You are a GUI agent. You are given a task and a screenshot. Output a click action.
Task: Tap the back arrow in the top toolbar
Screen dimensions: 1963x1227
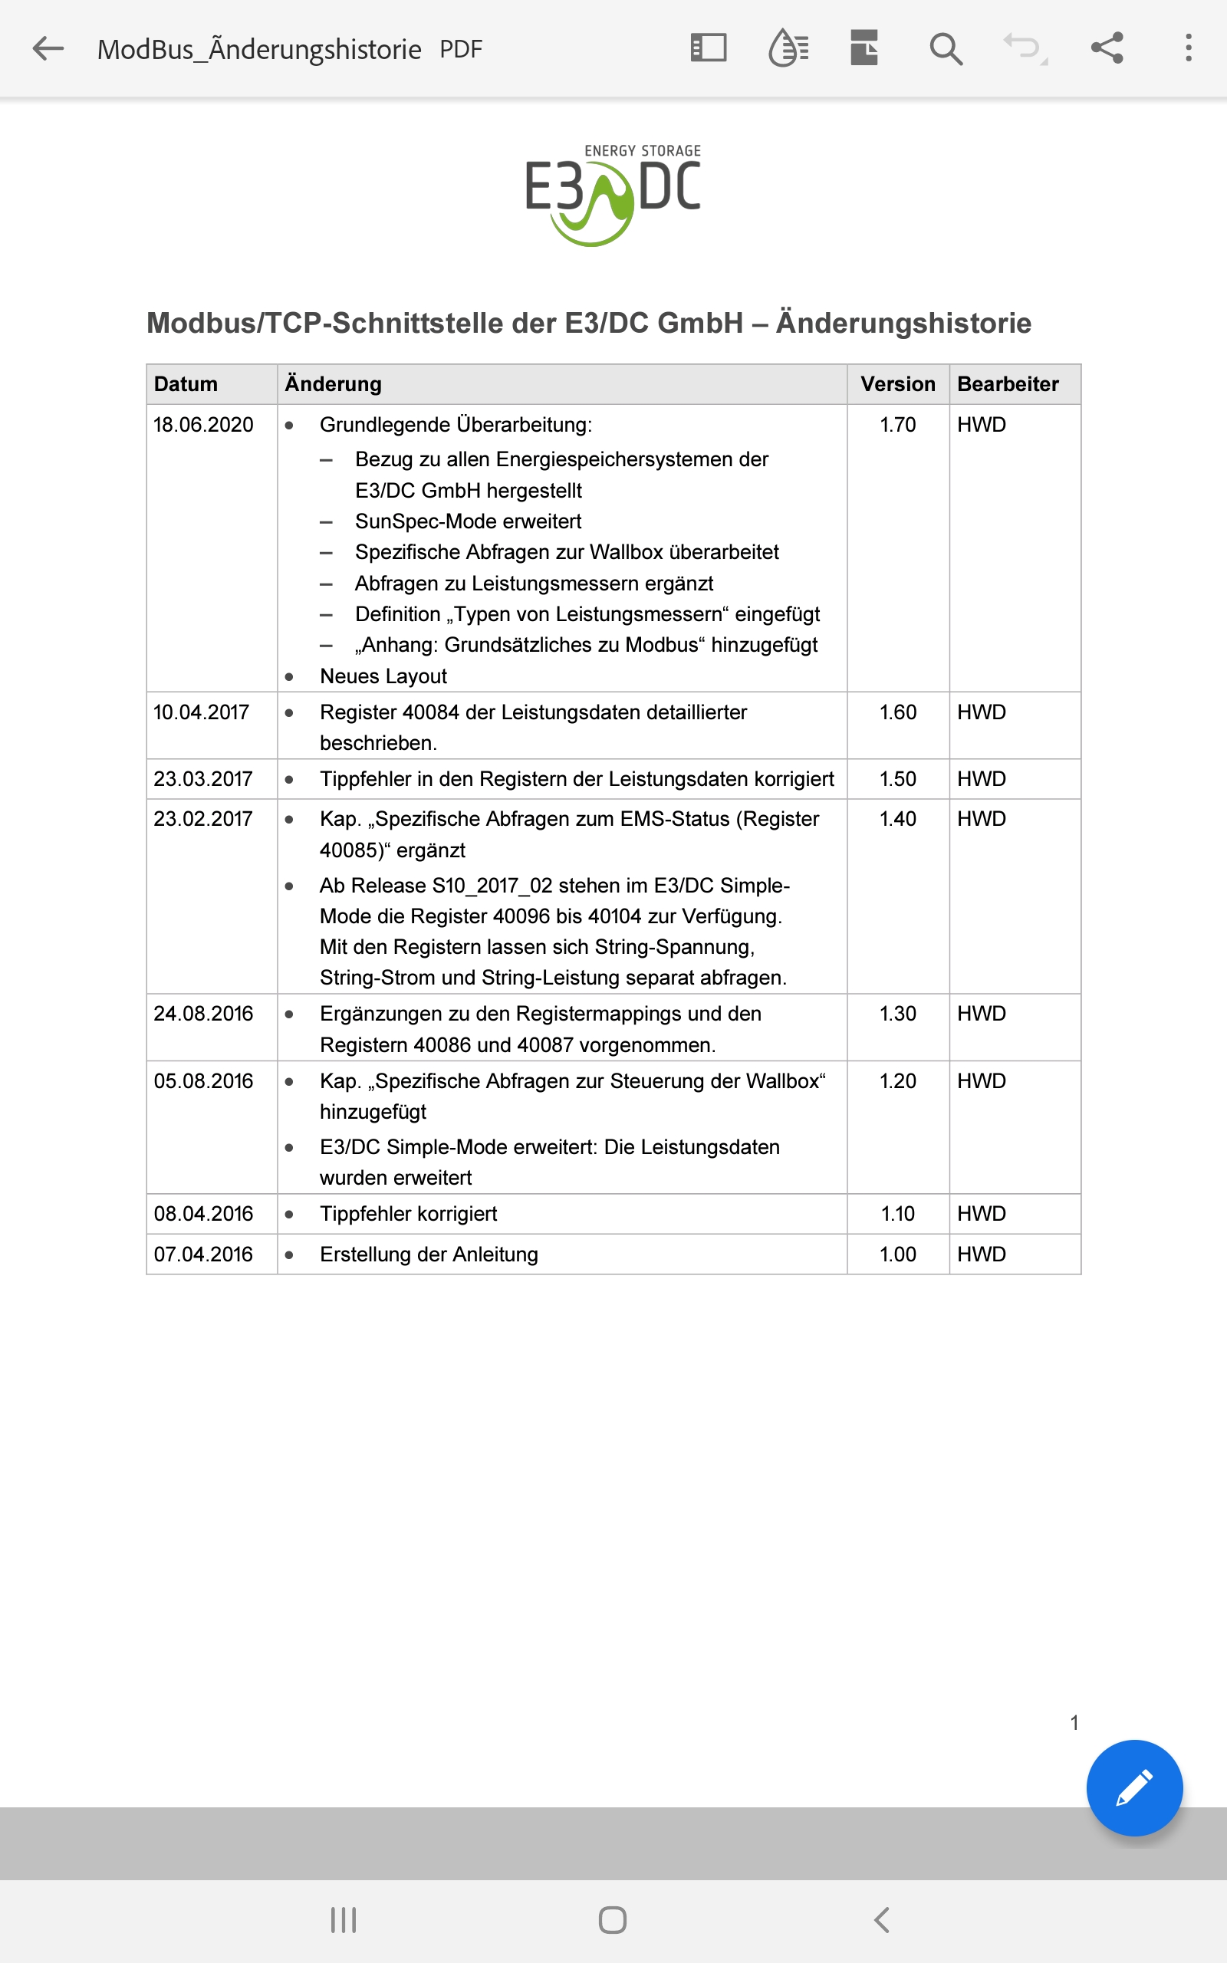(x=48, y=48)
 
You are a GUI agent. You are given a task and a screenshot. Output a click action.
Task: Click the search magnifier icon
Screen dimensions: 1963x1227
(x=946, y=48)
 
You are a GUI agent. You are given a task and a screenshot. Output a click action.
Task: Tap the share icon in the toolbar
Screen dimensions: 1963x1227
(x=1107, y=48)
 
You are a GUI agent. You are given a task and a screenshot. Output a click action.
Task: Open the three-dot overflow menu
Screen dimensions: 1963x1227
(x=1188, y=48)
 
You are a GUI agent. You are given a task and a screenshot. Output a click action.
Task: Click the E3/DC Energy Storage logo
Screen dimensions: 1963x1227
(x=613, y=195)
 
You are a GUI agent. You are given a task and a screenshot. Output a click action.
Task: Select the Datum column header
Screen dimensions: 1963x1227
(x=186, y=384)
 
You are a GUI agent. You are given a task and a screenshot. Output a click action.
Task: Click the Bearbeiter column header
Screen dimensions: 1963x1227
(x=1008, y=384)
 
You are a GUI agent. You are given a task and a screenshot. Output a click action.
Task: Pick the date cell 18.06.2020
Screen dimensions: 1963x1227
(x=204, y=425)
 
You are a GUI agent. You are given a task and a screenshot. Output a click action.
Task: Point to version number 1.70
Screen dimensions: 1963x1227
(x=897, y=425)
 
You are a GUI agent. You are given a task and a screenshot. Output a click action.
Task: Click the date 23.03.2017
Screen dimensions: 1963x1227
(x=204, y=780)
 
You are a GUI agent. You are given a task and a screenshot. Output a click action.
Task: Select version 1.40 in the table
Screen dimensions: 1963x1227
(x=897, y=819)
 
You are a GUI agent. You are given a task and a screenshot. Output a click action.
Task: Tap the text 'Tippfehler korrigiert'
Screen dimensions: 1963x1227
(x=408, y=1215)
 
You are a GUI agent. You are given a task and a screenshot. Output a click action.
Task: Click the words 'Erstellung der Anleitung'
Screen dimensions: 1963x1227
(x=429, y=1254)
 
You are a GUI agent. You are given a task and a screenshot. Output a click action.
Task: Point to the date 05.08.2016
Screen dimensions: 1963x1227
(x=204, y=1081)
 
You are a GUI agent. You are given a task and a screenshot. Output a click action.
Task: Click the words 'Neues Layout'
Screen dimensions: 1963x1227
(x=383, y=676)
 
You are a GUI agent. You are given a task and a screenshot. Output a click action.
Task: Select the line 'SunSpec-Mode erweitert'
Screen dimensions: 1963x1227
(x=469, y=521)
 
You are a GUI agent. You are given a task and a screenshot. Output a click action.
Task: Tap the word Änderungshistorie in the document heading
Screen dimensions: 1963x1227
(x=903, y=323)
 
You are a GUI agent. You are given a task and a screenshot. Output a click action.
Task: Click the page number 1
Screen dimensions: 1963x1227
(x=1074, y=1723)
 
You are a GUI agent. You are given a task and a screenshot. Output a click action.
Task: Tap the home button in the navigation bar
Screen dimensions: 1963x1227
(x=613, y=1920)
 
